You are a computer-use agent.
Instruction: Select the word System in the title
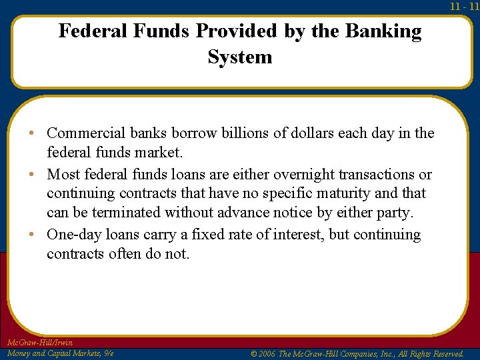click(x=240, y=57)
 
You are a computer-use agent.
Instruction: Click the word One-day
click(x=71, y=235)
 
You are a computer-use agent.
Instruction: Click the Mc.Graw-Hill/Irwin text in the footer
click(x=39, y=343)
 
